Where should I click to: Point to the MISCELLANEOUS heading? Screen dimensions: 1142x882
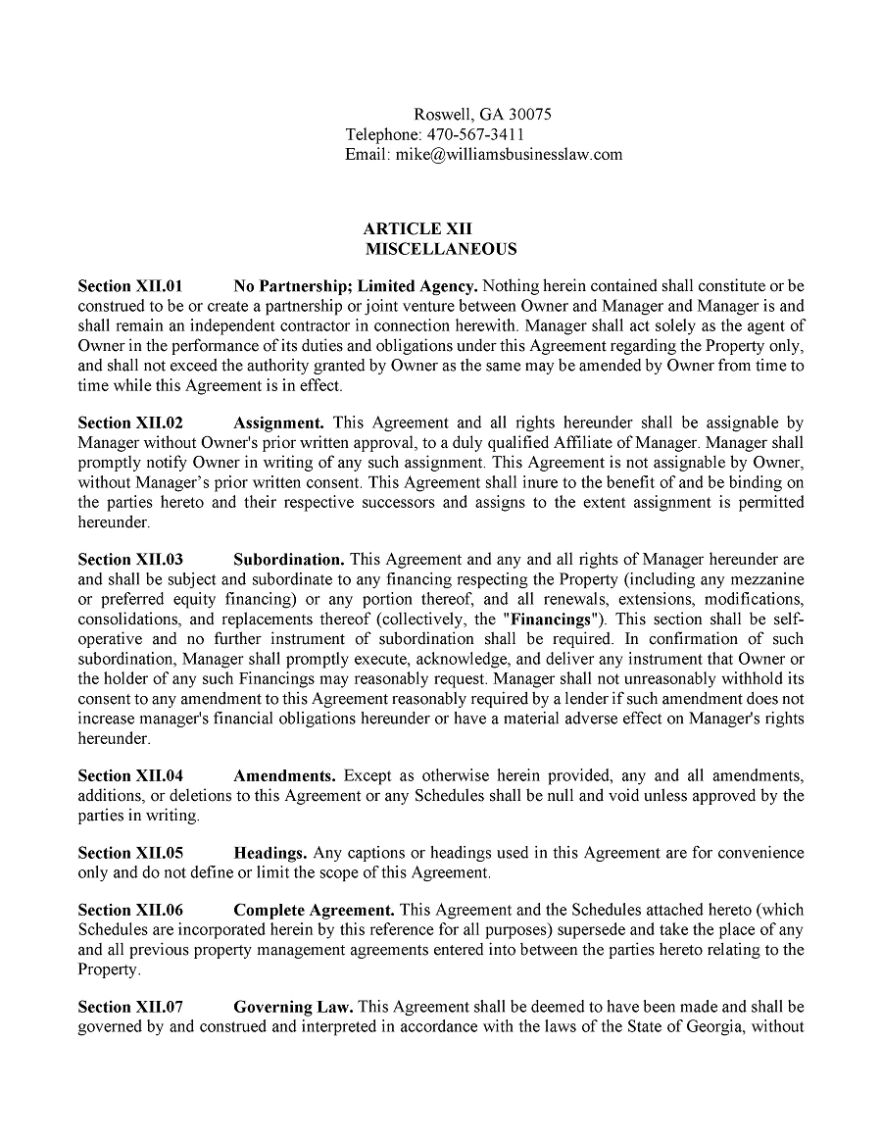click(441, 249)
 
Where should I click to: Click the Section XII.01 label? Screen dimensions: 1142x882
click(130, 286)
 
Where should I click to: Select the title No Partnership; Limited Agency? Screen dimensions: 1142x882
click(355, 286)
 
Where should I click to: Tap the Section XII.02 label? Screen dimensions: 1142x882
click(130, 422)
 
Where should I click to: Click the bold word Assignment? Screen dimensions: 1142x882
click(278, 422)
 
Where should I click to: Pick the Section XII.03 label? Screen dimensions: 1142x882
click(130, 560)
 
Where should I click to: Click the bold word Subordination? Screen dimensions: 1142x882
click(288, 560)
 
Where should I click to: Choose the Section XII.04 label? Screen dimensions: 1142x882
click(130, 775)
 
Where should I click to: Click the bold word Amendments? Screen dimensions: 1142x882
click(284, 775)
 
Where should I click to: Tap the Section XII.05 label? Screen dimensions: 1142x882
click(130, 853)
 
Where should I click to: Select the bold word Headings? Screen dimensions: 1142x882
click(269, 853)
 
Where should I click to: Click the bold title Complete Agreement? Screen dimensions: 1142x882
click(314, 911)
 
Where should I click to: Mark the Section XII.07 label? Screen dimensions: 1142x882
click(130, 1007)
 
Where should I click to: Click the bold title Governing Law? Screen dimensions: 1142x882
click(293, 1007)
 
